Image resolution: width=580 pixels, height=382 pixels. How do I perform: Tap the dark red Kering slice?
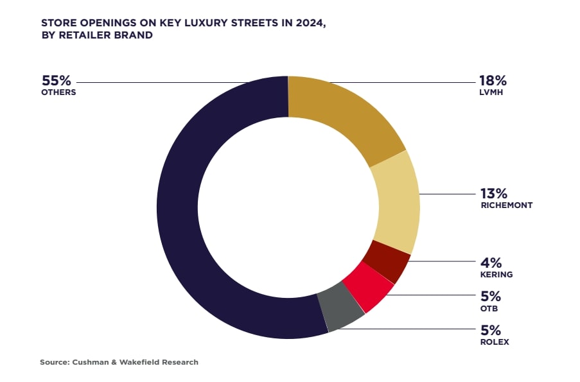[387, 261]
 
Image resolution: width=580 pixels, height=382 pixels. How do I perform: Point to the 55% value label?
[56, 81]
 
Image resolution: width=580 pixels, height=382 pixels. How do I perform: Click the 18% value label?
[493, 81]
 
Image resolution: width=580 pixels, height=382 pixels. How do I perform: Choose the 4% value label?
[491, 263]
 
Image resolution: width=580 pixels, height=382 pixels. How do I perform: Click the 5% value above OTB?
[491, 297]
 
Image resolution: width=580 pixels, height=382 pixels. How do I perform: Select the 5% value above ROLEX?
[491, 330]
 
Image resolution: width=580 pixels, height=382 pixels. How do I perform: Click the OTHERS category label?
[58, 92]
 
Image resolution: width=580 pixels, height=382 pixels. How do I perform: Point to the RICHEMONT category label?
[506, 205]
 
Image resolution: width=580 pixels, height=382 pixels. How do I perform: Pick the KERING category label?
[496, 274]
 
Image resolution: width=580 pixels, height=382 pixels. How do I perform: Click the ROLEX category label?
[495, 342]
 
